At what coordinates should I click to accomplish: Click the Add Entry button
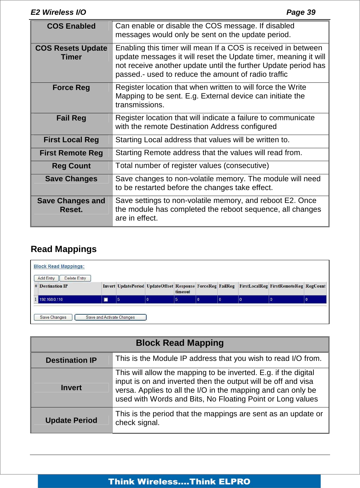(46, 278)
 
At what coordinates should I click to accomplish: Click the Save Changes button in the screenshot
(53, 317)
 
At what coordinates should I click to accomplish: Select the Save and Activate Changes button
(110, 317)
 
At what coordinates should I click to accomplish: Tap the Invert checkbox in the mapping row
(106, 300)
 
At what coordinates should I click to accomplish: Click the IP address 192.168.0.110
(51, 300)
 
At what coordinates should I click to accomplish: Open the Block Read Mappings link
(59, 266)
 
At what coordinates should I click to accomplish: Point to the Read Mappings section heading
(64, 249)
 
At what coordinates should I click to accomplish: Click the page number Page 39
(301, 12)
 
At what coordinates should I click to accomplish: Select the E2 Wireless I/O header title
(58, 12)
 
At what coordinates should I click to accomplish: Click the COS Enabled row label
(71, 26)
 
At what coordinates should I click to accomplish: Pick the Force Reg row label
(71, 87)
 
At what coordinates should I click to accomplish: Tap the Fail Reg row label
(71, 118)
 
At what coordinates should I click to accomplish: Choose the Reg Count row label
(71, 166)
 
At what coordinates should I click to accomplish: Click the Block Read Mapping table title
(180, 343)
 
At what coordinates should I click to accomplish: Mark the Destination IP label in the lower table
(71, 360)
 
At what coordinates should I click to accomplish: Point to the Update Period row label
(71, 420)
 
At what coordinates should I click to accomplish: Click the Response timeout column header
(185, 289)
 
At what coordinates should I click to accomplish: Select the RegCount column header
(315, 286)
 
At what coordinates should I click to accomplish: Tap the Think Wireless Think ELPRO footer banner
(179, 481)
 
